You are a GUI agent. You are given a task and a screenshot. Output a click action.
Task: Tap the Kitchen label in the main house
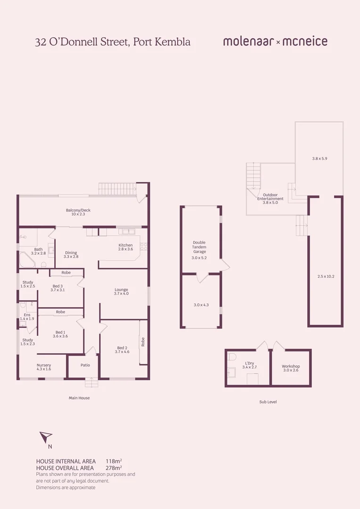pyautogui.click(x=125, y=245)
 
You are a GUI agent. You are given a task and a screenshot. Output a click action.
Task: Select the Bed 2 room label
pyautogui.click(x=123, y=348)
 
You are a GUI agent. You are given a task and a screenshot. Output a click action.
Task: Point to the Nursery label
pyautogui.click(x=44, y=365)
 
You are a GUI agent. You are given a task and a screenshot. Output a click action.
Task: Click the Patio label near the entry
pyautogui.click(x=85, y=365)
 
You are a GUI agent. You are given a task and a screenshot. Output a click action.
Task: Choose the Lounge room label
pyautogui.click(x=121, y=290)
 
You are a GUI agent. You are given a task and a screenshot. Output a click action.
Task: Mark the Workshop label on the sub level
pyautogui.click(x=291, y=366)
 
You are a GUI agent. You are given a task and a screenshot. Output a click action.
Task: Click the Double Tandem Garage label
pyautogui.click(x=199, y=247)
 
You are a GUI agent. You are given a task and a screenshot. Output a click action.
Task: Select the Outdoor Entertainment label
pyautogui.click(x=270, y=197)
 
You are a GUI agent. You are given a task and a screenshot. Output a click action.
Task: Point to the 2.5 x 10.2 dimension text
pyautogui.click(x=326, y=276)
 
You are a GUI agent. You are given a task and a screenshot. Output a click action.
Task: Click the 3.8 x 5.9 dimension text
pyautogui.click(x=319, y=158)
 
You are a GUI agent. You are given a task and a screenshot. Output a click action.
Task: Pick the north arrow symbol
pyautogui.click(x=46, y=437)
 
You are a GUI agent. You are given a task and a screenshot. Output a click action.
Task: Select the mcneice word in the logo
pyautogui.click(x=305, y=41)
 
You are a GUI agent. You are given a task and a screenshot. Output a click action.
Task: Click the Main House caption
pyautogui.click(x=79, y=398)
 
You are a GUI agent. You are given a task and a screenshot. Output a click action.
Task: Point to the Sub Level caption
pyautogui.click(x=268, y=402)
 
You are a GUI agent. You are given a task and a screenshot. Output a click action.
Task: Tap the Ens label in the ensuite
pyautogui.click(x=27, y=314)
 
